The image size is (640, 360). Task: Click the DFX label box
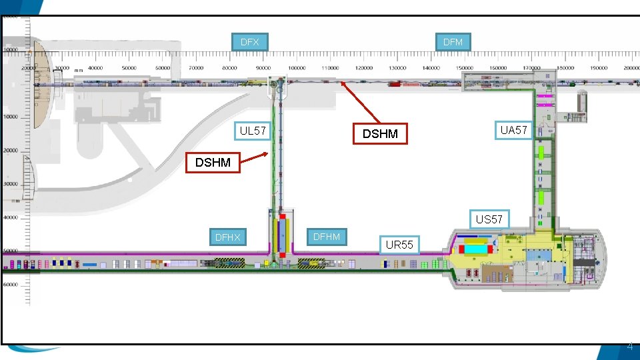[249, 42]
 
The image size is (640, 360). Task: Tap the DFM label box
[453, 42]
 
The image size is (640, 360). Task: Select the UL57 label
[253, 131]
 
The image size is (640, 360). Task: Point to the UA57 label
[513, 130]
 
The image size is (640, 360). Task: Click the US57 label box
[489, 219]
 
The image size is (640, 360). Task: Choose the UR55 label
[399, 245]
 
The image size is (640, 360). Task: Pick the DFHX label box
[227, 237]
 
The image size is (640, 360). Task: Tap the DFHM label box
[326, 237]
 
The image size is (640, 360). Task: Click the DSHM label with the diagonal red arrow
[379, 134]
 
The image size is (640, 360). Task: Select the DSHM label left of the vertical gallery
[213, 162]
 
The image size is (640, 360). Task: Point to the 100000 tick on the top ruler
[295, 68]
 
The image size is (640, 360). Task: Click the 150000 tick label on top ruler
[497, 68]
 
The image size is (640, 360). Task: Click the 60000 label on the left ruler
[10, 285]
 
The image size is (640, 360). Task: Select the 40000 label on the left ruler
[10, 217]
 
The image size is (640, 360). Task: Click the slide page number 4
[630, 347]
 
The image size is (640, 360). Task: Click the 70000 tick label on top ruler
[196, 68]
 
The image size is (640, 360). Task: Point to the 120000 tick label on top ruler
[363, 68]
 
